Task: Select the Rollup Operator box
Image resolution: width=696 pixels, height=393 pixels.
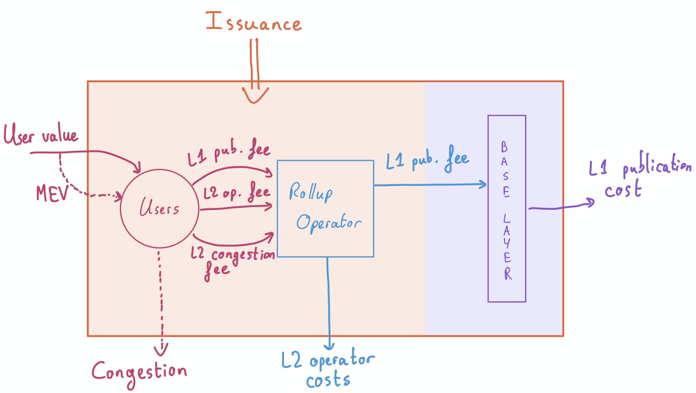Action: pyautogui.click(x=277, y=209)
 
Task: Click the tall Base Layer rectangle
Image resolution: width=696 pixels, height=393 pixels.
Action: pyautogui.click(x=488, y=209)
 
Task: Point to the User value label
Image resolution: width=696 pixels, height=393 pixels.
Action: pyautogui.click(x=40, y=134)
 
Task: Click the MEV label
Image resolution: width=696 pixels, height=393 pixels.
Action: pyautogui.click(x=52, y=193)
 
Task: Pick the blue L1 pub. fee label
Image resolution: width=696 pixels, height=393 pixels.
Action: pyautogui.click(x=427, y=159)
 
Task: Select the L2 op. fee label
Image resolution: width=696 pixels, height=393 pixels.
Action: pyautogui.click(x=237, y=192)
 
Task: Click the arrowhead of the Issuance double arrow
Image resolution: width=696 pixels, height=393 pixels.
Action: pyautogui.click(x=255, y=95)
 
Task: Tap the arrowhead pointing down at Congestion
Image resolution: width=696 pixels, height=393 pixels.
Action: pyautogui.click(x=161, y=350)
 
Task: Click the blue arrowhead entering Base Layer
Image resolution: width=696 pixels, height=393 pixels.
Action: pyautogui.click(x=482, y=184)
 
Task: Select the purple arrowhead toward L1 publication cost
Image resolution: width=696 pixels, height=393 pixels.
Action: pyautogui.click(x=589, y=203)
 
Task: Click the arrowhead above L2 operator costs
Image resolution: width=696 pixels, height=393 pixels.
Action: pyautogui.click(x=329, y=346)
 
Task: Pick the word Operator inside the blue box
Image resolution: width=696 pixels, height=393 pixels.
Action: pyautogui.click(x=329, y=223)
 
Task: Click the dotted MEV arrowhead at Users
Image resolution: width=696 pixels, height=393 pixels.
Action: pyautogui.click(x=118, y=196)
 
